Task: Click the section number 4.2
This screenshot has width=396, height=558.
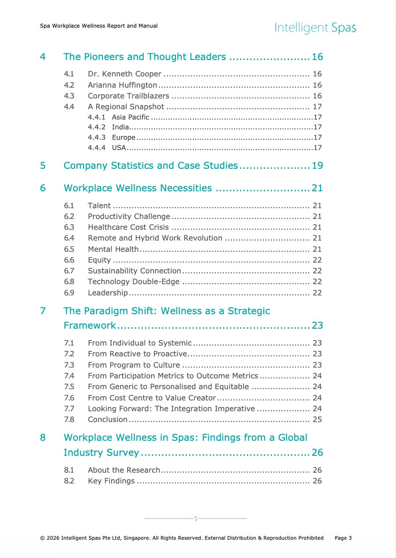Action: (x=69, y=85)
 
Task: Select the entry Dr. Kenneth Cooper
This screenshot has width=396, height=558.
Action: (x=124, y=74)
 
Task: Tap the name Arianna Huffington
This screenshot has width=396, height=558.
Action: (x=122, y=85)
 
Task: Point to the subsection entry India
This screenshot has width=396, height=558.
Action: (x=120, y=127)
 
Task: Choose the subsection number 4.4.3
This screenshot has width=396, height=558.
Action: (x=96, y=137)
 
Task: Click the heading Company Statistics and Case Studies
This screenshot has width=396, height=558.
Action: (x=151, y=166)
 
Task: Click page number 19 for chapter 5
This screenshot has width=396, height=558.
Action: (x=317, y=166)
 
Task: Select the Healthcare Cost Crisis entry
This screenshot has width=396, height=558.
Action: (x=128, y=227)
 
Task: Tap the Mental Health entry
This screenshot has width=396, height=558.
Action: (x=113, y=249)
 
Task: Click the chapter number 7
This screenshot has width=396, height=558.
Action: (x=43, y=311)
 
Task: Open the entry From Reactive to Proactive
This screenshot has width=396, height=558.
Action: (x=137, y=354)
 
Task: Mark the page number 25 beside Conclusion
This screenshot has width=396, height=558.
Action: (x=317, y=419)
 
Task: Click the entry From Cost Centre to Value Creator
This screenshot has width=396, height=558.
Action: (x=152, y=398)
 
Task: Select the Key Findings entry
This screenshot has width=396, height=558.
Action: (x=111, y=481)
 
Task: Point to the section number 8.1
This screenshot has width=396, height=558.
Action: (x=69, y=470)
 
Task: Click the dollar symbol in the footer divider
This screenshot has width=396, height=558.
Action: (x=196, y=519)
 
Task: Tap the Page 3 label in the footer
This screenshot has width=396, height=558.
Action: (x=343, y=538)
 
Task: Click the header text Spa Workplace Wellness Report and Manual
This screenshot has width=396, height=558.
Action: (x=99, y=26)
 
